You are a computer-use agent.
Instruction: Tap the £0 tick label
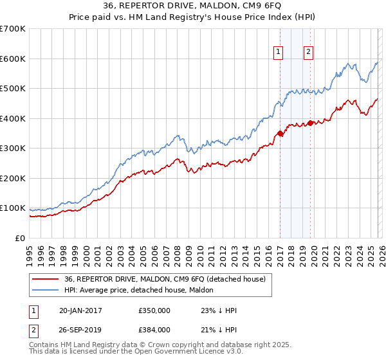coord(19,239)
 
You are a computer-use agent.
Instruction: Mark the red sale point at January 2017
coord(280,134)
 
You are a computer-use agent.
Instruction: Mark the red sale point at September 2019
coord(311,123)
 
